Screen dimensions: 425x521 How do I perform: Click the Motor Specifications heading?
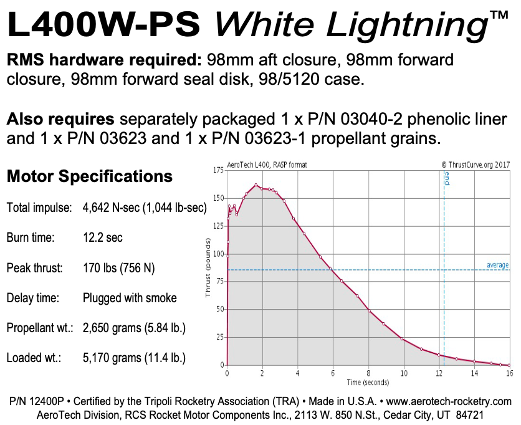[x=89, y=176]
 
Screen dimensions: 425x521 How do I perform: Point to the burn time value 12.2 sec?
[x=103, y=238]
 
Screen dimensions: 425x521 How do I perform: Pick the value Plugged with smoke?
[x=130, y=298]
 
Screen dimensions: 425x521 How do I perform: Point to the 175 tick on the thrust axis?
[x=218, y=170]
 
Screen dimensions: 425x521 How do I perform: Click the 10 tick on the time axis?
[x=404, y=373]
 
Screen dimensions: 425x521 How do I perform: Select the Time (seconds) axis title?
[x=368, y=382]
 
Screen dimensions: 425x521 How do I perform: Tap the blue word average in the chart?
[x=497, y=265]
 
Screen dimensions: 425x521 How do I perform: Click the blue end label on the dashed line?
[x=447, y=181]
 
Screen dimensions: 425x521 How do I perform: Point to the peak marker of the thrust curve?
[x=256, y=184]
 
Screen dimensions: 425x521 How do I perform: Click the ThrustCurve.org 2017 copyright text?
[x=475, y=165]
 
